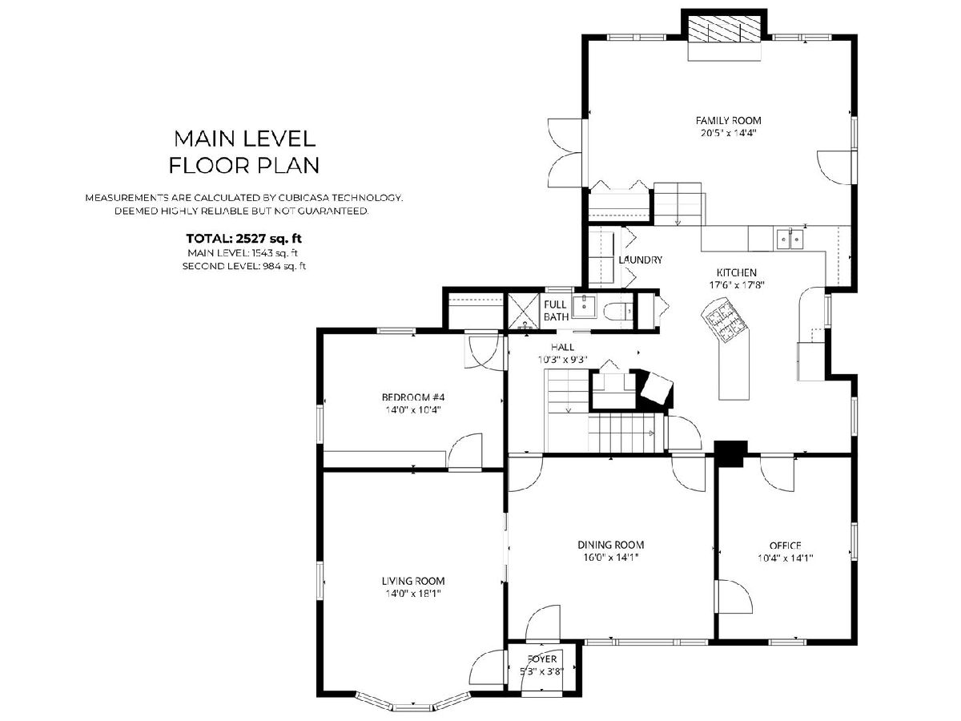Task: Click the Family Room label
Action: point(728,120)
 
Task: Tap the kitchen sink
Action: point(790,239)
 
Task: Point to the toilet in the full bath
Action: point(618,312)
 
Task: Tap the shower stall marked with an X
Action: point(523,311)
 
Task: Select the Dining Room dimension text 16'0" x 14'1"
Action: point(611,558)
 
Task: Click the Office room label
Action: point(785,546)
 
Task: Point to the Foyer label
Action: point(542,659)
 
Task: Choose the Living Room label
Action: point(413,581)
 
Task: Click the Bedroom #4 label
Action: point(413,397)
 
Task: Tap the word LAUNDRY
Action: point(640,260)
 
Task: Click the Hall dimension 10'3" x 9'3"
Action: point(563,360)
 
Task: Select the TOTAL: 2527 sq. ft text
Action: point(244,239)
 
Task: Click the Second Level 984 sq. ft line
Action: point(244,266)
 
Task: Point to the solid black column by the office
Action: point(730,453)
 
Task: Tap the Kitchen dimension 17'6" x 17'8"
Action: point(737,285)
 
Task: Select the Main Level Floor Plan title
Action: point(244,152)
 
